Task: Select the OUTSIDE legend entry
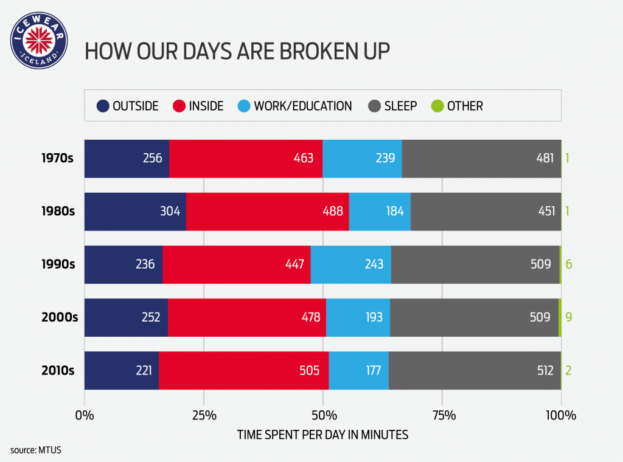pyautogui.click(x=128, y=106)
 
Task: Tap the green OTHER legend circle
pyautogui.click(x=437, y=106)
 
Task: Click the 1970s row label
pyautogui.click(x=57, y=159)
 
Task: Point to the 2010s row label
pyautogui.click(x=57, y=370)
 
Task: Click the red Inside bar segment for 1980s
pyautogui.click(x=267, y=212)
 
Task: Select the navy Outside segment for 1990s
pyautogui.click(x=124, y=264)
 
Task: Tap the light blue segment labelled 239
pyautogui.click(x=362, y=159)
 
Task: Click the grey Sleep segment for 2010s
pyautogui.click(x=475, y=370)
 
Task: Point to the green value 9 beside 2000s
pyautogui.click(x=568, y=317)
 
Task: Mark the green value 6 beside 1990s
pyautogui.click(x=568, y=264)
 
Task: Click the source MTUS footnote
pyautogui.click(x=36, y=450)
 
